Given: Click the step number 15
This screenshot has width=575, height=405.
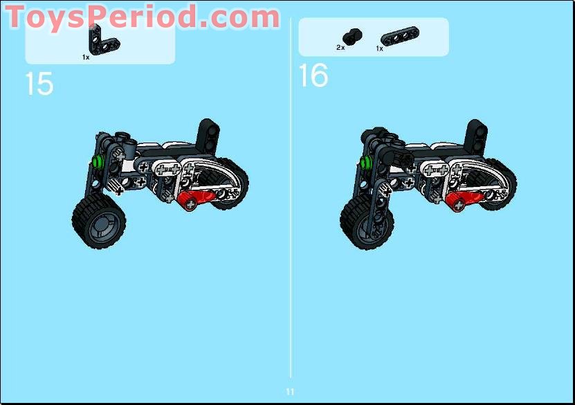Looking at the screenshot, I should pos(39,84).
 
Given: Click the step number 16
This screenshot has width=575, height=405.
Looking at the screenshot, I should pos(313,75).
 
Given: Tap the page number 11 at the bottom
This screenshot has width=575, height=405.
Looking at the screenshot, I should pos(290,392).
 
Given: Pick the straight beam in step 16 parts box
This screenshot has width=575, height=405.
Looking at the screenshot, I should pos(394,36).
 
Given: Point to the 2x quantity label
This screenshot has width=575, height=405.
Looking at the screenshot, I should pos(340,48).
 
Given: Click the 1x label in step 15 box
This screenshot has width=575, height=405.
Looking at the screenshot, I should pos(86,57).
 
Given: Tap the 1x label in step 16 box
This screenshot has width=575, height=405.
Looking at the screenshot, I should pos(380,48).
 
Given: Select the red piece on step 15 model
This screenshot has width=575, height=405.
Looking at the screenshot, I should pos(193,200).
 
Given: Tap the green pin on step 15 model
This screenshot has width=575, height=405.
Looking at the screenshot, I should pos(97,163).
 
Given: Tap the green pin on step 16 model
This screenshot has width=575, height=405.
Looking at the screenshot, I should pos(364,163).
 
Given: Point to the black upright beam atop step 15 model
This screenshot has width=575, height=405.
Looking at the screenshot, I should pos(208,134).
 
